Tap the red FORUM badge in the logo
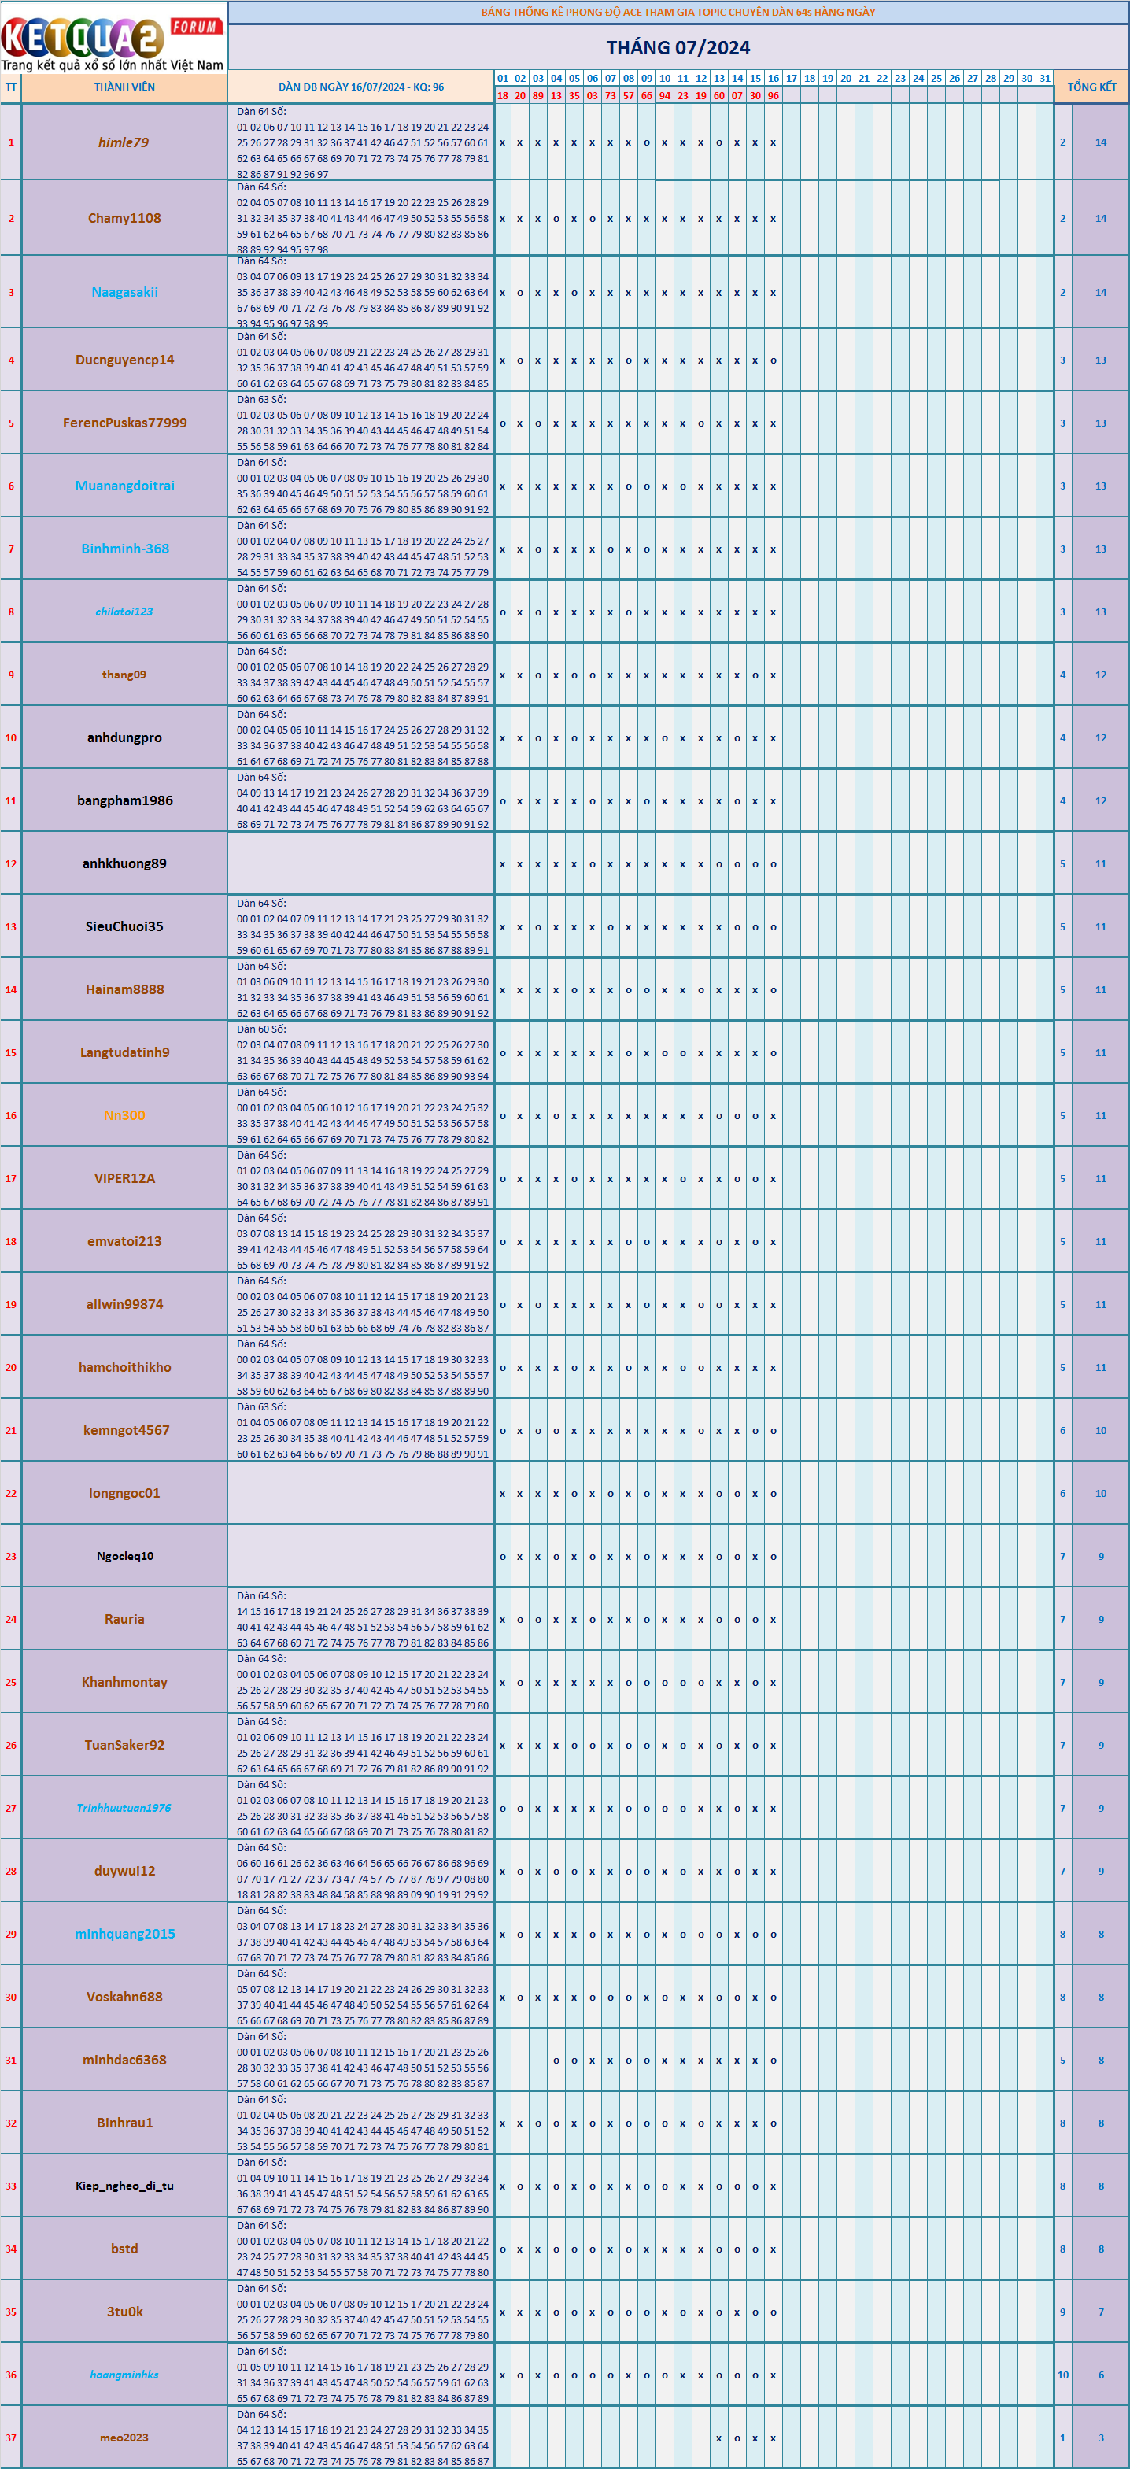[195, 27]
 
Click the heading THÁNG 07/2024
[678, 47]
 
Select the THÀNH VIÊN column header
[124, 87]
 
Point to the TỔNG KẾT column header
[1091, 87]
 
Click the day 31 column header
[1045, 79]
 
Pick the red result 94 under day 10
[664, 96]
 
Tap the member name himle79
[124, 142]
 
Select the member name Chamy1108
[124, 219]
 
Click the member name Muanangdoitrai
[124, 486]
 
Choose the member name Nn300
[124, 1115]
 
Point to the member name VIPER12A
[124, 1179]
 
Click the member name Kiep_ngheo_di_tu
[124, 2186]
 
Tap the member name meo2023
[124, 2438]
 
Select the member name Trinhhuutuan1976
[124, 1808]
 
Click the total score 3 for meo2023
[1100, 2438]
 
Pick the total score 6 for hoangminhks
[1100, 2375]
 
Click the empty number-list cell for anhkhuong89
[360, 863]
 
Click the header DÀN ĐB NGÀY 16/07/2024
[360, 87]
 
